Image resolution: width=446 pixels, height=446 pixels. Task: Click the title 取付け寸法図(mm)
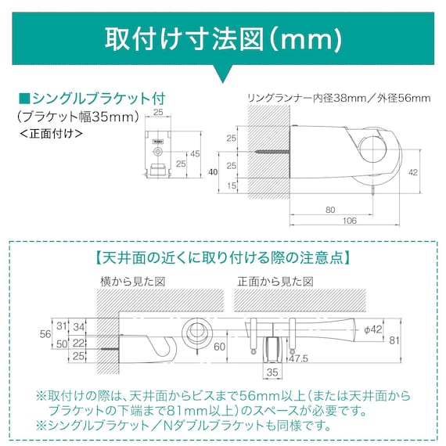[x=223, y=37]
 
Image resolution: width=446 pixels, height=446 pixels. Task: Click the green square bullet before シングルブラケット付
[x=23, y=99]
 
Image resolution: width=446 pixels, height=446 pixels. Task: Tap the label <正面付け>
[x=49, y=133]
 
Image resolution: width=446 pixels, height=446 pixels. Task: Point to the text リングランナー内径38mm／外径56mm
[x=338, y=98]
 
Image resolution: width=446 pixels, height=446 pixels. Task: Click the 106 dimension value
[x=349, y=221]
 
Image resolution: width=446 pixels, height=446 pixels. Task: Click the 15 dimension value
[x=231, y=185]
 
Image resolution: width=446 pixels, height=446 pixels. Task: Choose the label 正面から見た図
[x=275, y=280]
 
